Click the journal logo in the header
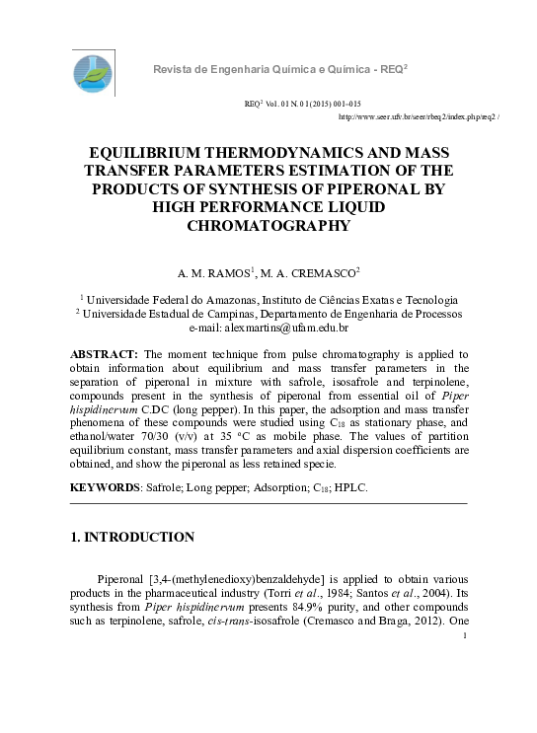point(94,73)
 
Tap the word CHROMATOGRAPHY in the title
point(268,226)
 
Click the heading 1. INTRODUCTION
point(132,538)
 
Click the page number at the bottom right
point(464,636)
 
